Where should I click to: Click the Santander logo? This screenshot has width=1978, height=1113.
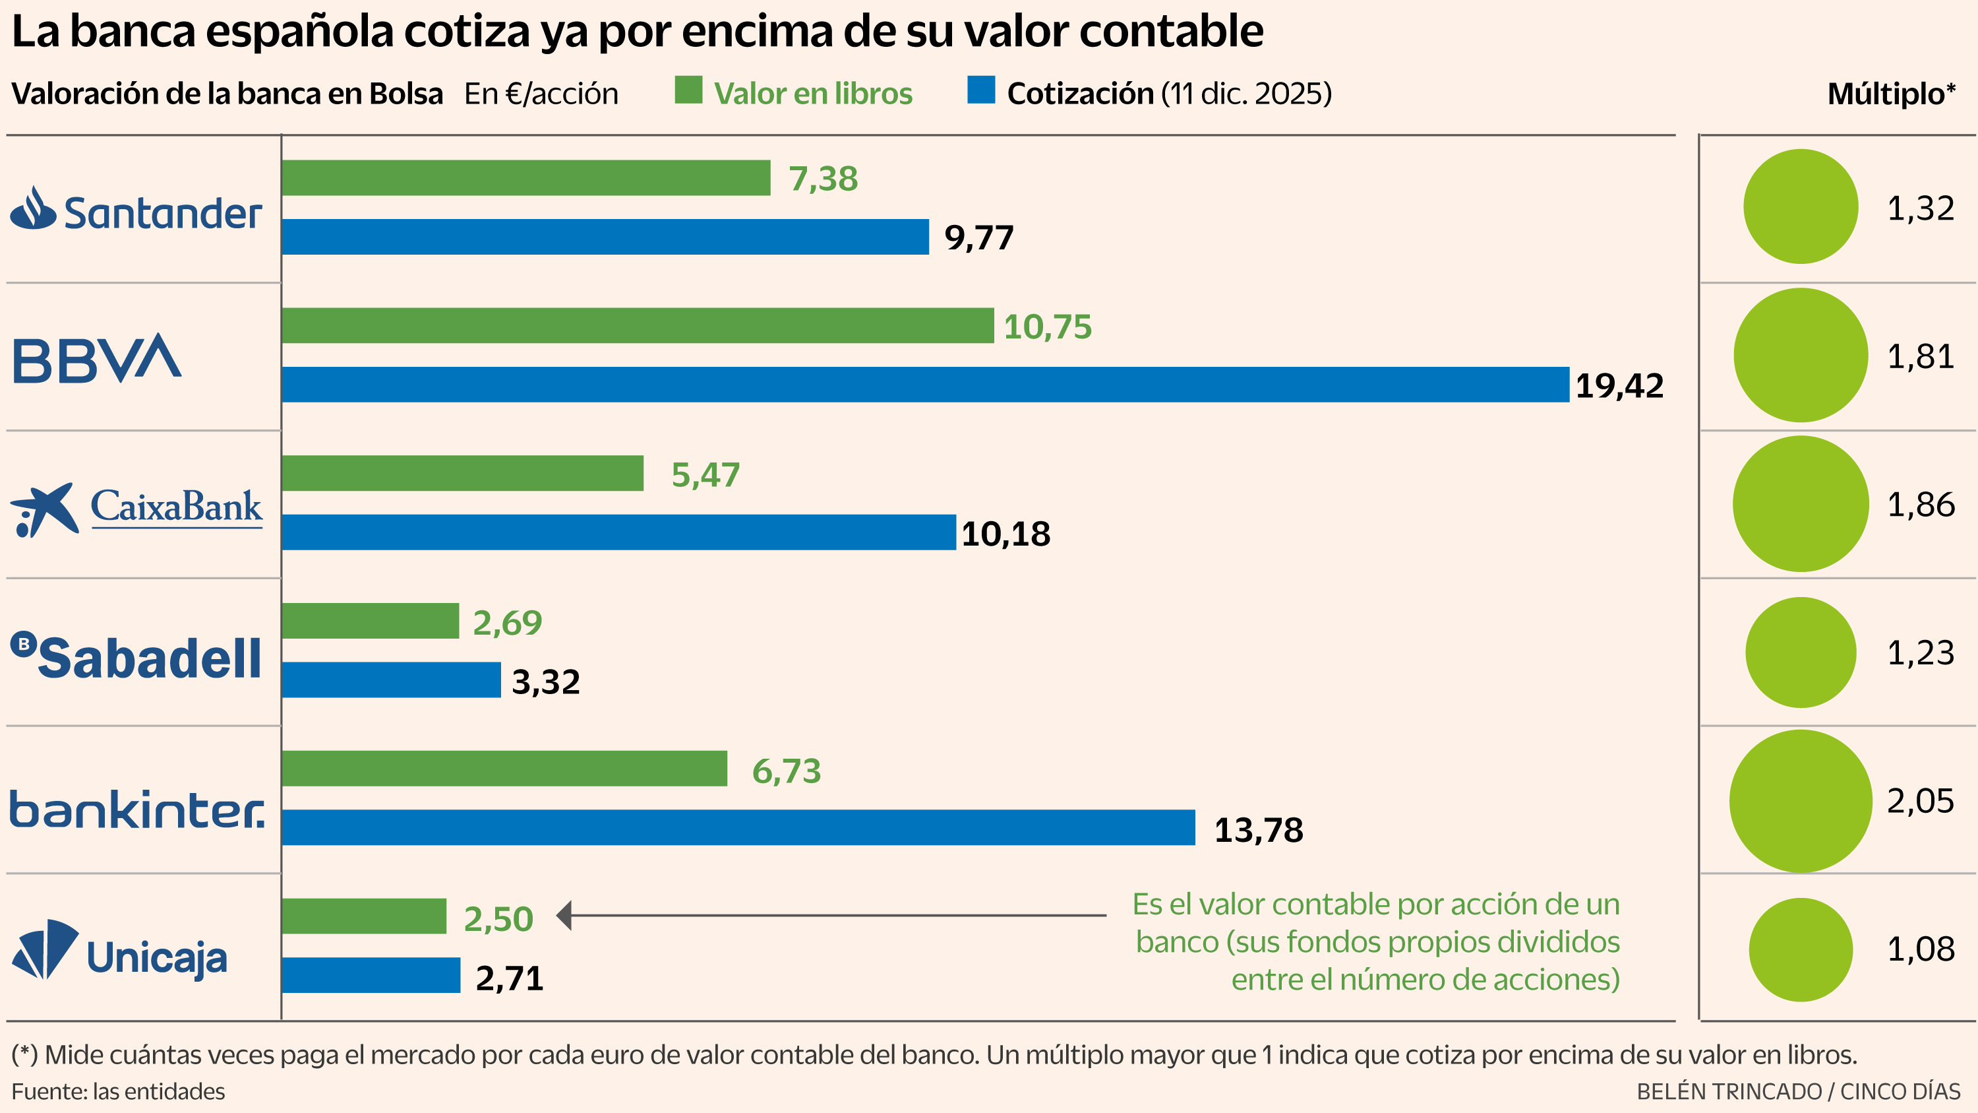[136, 210]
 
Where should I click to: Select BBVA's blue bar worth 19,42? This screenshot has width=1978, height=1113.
[924, 385]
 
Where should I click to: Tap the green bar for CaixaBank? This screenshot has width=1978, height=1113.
[462, 473]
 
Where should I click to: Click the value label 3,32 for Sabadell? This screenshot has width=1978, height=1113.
[545, 682]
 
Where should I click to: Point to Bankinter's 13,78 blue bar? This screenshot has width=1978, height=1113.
[738, 828]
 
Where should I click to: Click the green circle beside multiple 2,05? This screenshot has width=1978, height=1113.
[1800, 801]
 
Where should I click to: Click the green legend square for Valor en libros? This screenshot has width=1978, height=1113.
[688, 90]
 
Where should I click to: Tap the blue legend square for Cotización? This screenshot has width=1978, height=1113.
[980, 90]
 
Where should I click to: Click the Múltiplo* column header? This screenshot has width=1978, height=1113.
[1890, 94]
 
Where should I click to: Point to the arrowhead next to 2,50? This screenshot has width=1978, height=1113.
[564, 915]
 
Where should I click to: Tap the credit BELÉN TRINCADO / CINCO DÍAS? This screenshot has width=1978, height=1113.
[1797, 1091]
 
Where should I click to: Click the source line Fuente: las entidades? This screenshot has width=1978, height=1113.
[118, 1091]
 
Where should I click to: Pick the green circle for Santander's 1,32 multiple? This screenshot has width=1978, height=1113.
[1800, 207]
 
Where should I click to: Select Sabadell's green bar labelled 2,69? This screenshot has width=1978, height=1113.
[370, 621]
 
